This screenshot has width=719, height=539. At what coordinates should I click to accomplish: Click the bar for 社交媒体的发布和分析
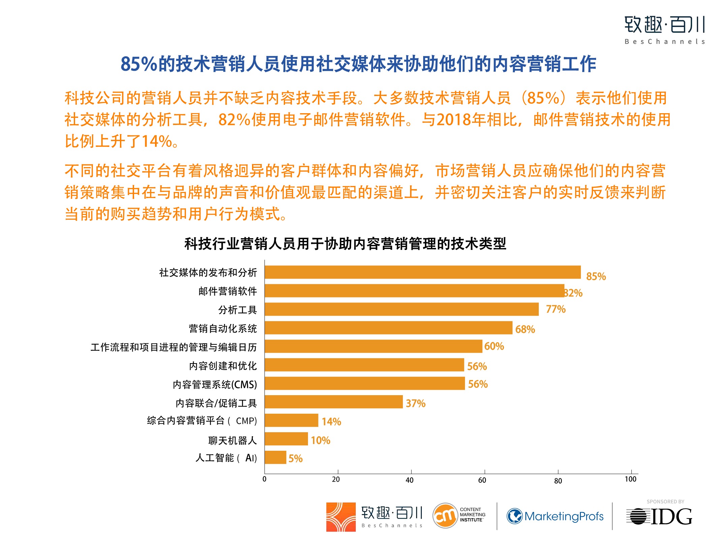coord(423,272)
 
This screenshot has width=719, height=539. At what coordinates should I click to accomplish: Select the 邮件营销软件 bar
coord(414,291)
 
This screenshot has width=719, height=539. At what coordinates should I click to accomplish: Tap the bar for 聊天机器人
coord(286,439)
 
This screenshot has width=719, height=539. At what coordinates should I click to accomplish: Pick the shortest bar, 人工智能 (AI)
coord(275,457)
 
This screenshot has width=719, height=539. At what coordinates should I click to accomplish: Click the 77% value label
coord(556,309)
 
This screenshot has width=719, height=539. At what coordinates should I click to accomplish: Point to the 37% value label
coord(415,403)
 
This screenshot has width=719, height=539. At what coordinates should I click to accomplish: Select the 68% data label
coord(525,329)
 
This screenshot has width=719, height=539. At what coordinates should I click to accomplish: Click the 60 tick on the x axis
coord(482,480)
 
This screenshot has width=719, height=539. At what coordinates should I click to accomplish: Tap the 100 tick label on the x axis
coord(630,479)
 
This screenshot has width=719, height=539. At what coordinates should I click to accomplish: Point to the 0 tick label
coord(264,479)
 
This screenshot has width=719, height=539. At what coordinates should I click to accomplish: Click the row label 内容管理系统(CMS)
coord(215,384)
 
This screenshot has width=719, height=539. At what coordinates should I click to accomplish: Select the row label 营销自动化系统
coord(223,328)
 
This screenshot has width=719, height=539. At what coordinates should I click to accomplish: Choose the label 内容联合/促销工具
coord(216,403)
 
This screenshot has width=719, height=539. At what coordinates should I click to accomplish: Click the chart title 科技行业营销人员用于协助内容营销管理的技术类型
coord(345,244)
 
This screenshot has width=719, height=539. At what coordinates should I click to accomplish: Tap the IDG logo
coord(659,516)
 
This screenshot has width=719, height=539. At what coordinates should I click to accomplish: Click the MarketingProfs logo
coord(555,516)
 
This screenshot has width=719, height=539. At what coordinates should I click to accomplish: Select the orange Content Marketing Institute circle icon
coord(445,516)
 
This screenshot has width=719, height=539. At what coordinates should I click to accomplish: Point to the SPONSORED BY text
coord(665,502)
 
